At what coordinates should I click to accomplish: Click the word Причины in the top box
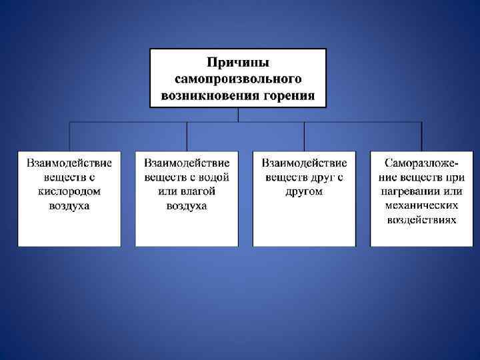[x=238, y=63]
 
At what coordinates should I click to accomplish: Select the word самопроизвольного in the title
[x=238, y=79]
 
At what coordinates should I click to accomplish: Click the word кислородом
[x=69, y=191]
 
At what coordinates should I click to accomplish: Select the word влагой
[x=199, y=191]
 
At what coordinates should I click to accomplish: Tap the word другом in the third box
[x=304, y=191]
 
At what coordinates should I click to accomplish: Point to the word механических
[x=421, y=205]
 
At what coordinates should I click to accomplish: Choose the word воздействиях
[x=421, y=220]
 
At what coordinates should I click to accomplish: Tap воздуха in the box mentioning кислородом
[x=69, y=205]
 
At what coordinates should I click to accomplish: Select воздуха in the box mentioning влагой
[x=187, y=205]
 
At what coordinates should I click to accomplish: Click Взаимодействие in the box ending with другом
[x=304, y=162]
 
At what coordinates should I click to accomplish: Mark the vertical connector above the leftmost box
[x=69, y=137]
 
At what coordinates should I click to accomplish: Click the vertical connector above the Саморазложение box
[x=421, y=137]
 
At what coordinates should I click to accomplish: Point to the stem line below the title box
[x=238, y=115]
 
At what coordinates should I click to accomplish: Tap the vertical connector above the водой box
[x=187, y=137]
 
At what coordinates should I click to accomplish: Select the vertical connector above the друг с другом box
[x=304, y=137]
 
